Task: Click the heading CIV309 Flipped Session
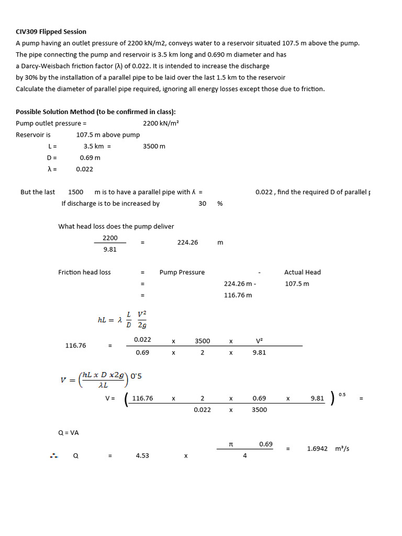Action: pyautogui.click(x=51, y=32)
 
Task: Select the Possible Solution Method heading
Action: pyautogui.click(x=96, y=112)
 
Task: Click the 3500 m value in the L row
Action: pyautogui.click(x=154, y=147)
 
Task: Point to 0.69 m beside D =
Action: pyautogui.click(x=90, y=158)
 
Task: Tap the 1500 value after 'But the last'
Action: pyautogui.click(x=76, y=192)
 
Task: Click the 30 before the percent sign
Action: pyautogui.click(x=202, y=204)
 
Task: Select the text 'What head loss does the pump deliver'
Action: pyautogui.click(x=116, y=227)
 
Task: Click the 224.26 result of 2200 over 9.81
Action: pyautogui.click(x=187, y=243)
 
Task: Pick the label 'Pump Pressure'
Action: pyautogui.click(x=182, y=272)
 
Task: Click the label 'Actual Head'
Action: pyautogui.click(x=302, y=272)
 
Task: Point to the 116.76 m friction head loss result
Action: pyautogui.click(x=238, y=295)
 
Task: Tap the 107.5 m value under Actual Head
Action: pyautogui.click(x=297, y=284)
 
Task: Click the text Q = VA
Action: pyautogui.click(x=69, y=433)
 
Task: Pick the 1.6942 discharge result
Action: pyautogui.click(x=317, y=449)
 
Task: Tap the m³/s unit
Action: pyautogui.click(x=342, y=449)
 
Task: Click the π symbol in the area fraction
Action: pyautogui.click(x=231, y=444)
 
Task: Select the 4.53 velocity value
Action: pyautogui.click(x=142, y=456)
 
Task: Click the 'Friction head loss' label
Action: pyautogui.click(x=84, y=272)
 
